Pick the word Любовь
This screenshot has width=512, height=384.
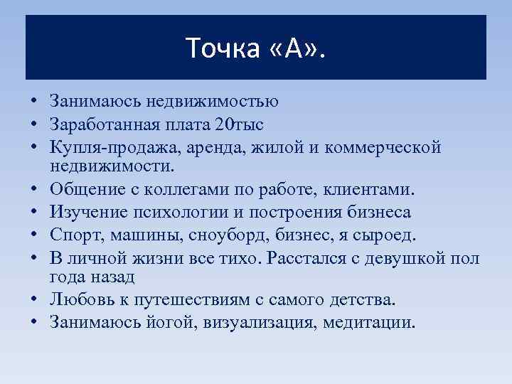(x=78, y=299)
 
